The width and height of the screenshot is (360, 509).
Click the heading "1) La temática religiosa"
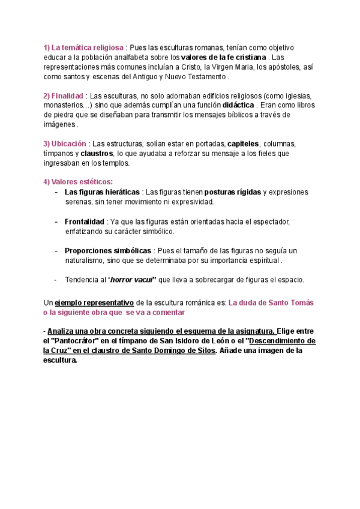[x=83, y=47]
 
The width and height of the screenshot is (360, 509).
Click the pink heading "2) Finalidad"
[x=63, y=97]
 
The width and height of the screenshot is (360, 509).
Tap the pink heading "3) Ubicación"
[x=65, y=144]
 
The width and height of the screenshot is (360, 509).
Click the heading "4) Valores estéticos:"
[x=78, y=182]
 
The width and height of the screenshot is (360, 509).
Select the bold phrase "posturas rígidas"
[x=232, y=192]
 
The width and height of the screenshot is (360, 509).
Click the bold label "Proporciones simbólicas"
[x=108, y=250]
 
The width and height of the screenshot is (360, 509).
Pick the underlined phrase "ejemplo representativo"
[x=95, y=303]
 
